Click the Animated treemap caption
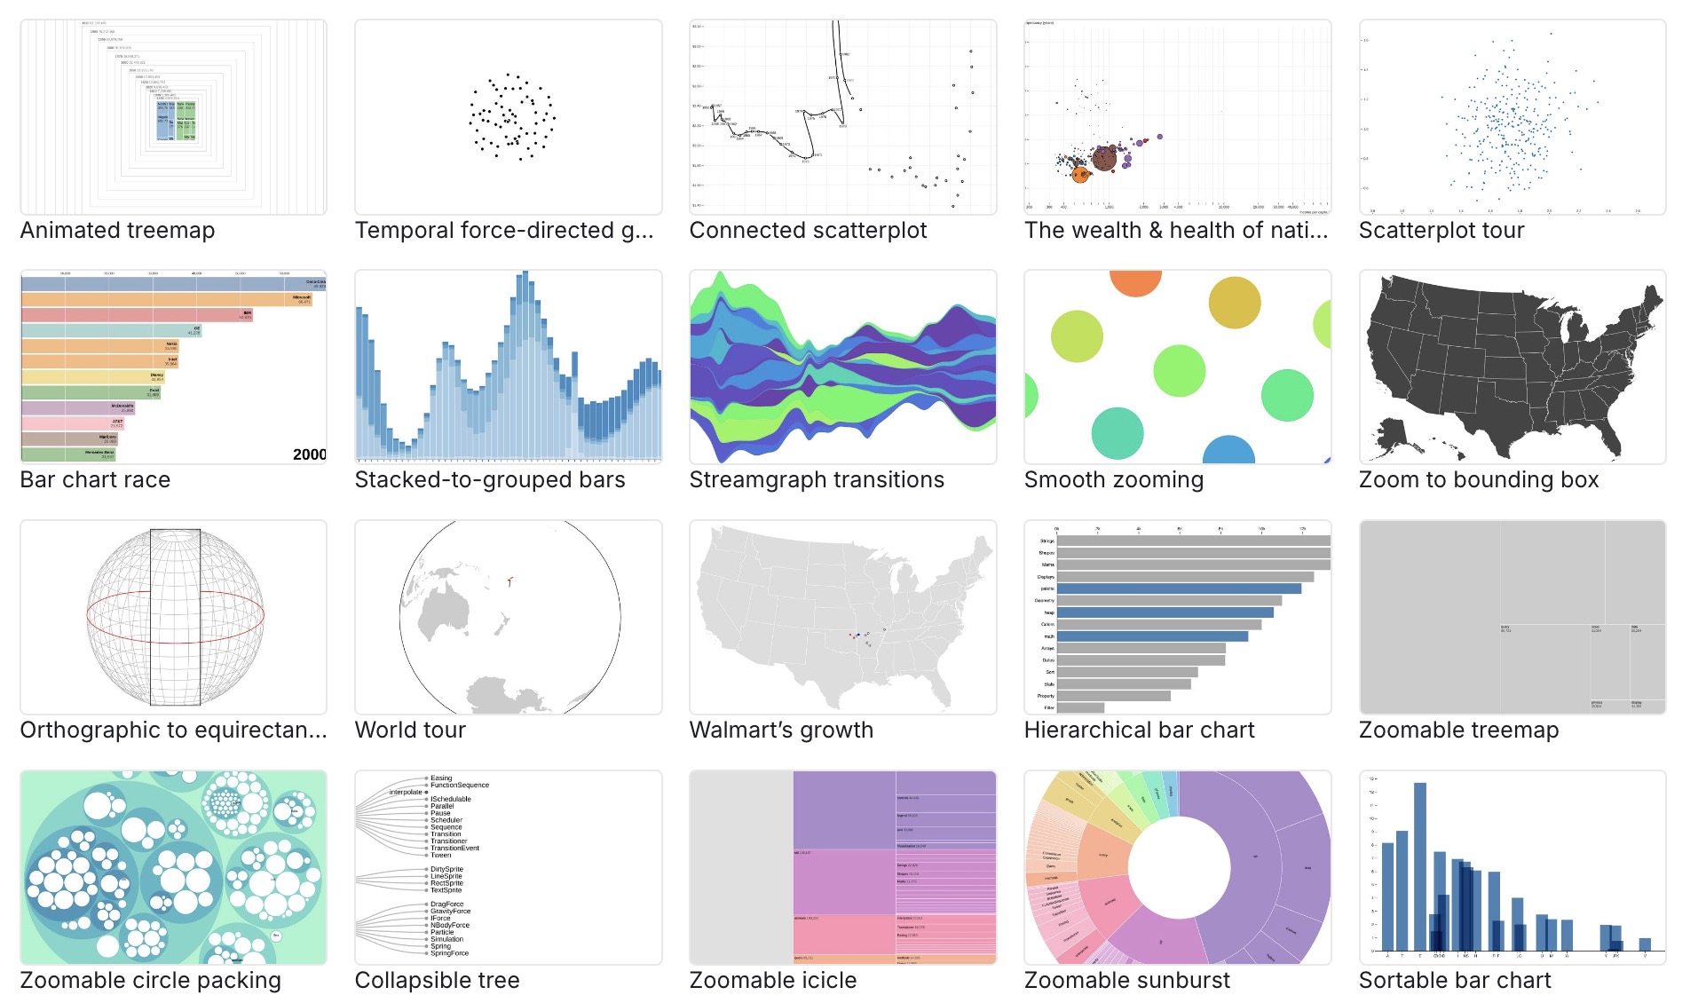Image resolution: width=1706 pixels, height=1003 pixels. point(117,231)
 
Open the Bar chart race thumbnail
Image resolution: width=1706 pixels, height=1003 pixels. point(173,367)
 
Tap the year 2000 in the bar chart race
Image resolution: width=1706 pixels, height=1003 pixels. point(309,454)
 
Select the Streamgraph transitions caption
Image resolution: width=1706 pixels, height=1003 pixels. point(817,480)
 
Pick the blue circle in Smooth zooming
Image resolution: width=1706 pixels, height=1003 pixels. point(1228,451)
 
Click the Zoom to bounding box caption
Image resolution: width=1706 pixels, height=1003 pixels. point(1479,480)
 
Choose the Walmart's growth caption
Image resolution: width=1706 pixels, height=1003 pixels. point(781,731)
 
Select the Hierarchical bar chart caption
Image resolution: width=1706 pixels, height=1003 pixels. point(1139,731)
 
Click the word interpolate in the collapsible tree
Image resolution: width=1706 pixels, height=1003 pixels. point(406,792)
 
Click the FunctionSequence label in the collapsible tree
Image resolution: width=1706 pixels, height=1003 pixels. point(459,785)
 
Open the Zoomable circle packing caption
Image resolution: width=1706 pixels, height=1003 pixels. point(150,981)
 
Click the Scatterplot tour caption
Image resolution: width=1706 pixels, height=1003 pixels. point(1441,231)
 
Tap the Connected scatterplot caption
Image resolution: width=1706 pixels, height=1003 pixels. point(808,231)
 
